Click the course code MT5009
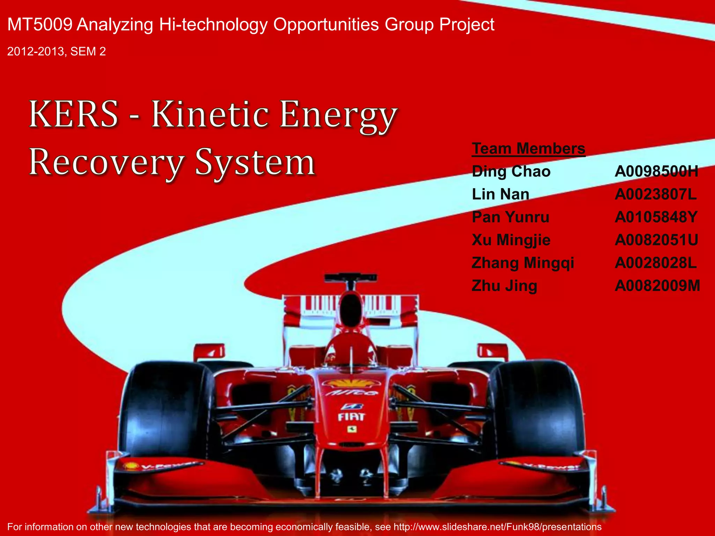point(40,25)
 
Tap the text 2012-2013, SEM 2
point(56,52)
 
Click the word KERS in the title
point(74,114)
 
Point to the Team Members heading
point(528,149)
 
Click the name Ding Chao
point(511,172)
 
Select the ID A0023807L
point(655,194)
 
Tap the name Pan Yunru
point(510,217)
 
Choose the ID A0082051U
point(656,240)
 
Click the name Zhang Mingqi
point(523,263)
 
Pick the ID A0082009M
point(657,286)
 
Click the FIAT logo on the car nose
point(351,417)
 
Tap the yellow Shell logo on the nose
point(351,383)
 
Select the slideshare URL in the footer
point(497,527)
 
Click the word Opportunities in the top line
point(326,25)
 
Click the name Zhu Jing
point(504,286)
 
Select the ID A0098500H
point(656,172)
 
